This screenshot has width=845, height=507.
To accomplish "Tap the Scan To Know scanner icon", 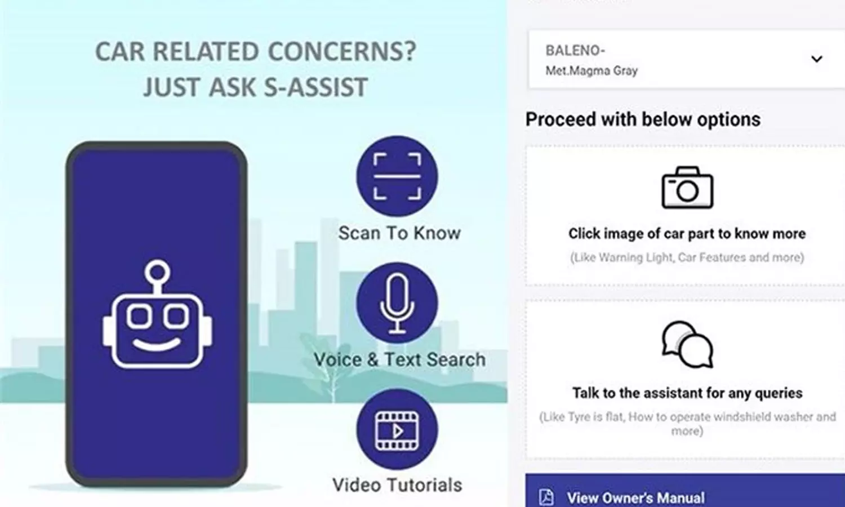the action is point(397,176).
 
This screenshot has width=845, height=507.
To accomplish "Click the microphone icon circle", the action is point(397,303).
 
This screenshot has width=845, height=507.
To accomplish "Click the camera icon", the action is point(687,188).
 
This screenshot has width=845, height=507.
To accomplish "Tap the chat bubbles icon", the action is point(687,344).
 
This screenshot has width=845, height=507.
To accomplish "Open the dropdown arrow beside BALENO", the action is point(817,59).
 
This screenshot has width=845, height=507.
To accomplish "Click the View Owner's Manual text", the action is point(635,498).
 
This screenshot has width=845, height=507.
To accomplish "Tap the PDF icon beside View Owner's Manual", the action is point(546,497).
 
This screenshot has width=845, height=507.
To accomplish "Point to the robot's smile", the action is point(157,344).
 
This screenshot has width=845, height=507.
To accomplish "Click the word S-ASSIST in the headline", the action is point(315,87).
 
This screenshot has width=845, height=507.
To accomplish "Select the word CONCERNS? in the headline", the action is point(342,51).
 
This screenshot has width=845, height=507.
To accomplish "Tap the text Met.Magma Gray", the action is point(591,70).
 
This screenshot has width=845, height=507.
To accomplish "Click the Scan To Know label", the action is point(399,233).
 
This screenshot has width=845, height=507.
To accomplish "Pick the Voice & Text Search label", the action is point(399,359).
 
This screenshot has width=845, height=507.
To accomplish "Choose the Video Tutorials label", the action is point(397,485).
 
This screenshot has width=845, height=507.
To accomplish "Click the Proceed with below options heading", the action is point(643,119).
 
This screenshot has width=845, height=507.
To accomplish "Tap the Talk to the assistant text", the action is point(687,393).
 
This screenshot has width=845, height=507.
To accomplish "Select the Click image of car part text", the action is point(687,234).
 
